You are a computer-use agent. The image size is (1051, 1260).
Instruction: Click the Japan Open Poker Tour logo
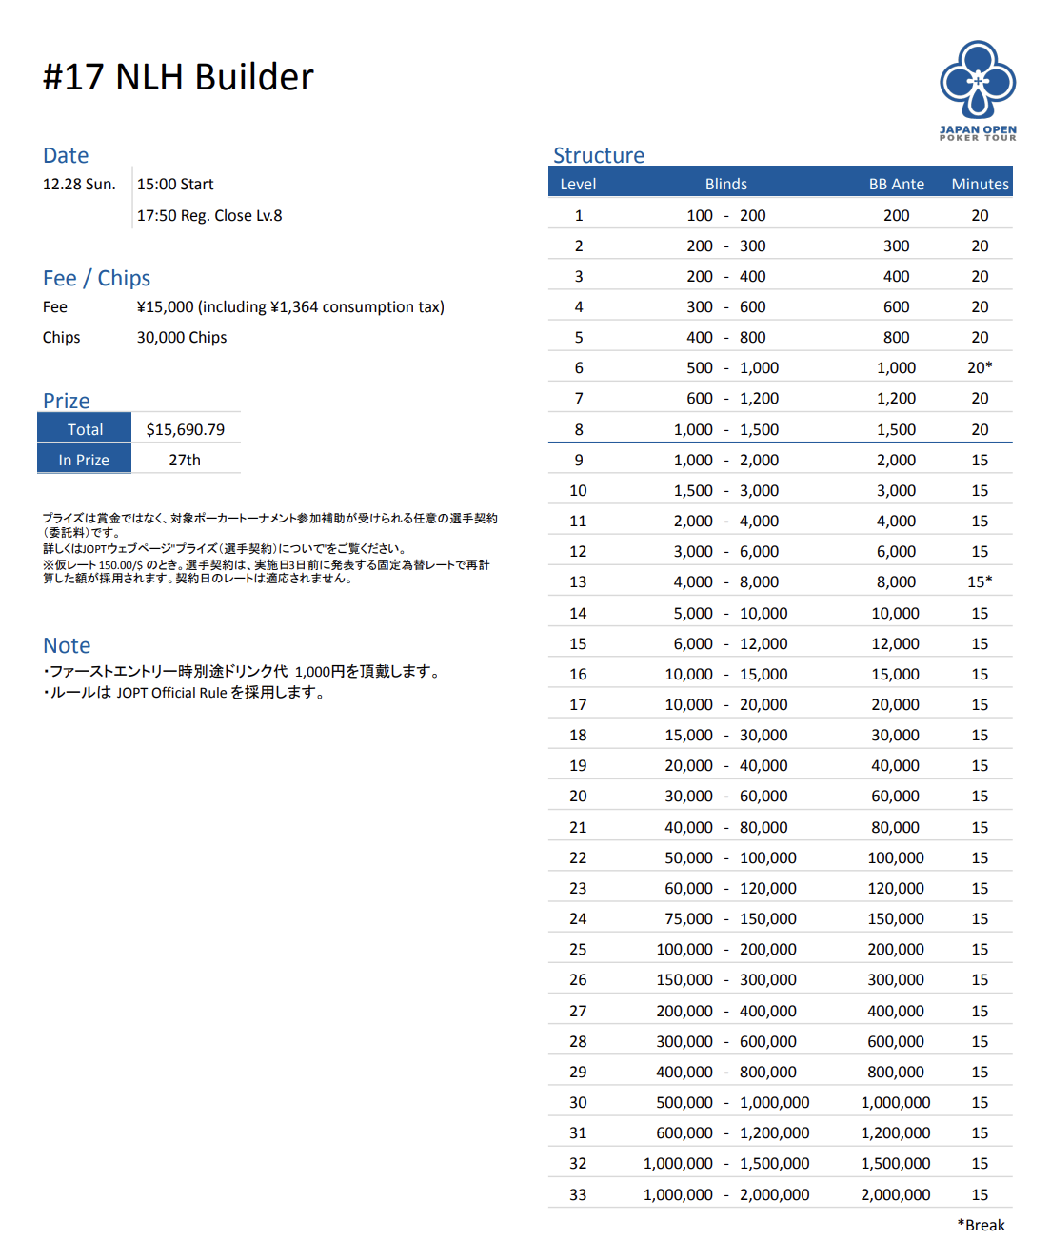978,90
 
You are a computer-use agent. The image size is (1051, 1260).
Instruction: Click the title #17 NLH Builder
178,77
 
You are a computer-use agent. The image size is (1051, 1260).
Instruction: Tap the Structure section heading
599,155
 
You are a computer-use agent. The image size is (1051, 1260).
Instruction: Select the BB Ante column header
896,184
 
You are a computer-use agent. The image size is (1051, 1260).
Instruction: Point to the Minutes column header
980,184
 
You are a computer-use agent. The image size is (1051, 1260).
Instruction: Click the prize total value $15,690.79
186,429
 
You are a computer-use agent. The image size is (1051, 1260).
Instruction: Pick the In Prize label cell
84,460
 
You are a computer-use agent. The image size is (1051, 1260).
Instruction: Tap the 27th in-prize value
185,460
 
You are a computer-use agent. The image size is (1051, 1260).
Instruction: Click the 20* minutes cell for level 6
980,367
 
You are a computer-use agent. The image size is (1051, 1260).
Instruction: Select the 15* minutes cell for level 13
980,581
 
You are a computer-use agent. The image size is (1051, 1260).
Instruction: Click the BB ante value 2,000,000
896,1194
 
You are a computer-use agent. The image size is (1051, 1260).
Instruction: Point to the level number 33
578,1194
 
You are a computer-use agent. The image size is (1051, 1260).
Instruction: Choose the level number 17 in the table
578,704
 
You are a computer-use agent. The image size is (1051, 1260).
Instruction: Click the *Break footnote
981,1225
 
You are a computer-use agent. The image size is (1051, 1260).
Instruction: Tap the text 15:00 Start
175,184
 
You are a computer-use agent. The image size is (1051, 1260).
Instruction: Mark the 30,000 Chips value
182,337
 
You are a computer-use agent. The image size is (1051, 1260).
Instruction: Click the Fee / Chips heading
96,278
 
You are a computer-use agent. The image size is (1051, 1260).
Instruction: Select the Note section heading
67,645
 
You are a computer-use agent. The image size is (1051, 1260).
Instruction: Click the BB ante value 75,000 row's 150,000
896,918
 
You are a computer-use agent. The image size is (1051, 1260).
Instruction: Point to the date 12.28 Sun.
79,184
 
